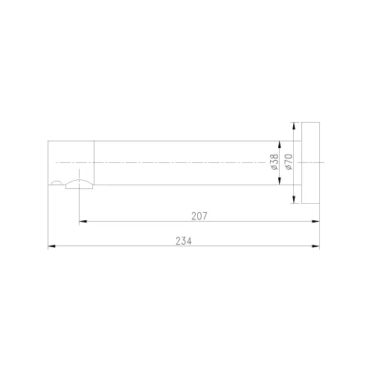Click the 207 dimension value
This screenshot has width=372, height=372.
pyautogui.click(x=199, y=216)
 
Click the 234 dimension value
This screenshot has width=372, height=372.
pyautogui.click(x=184, y=241)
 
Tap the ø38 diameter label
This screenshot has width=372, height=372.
pyautogui.click(x=275, y=162)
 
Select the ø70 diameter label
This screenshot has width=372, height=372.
pyautogui.click(x=289, y=162)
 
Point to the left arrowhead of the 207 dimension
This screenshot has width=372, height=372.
pyautogui.click(x=83, y=221)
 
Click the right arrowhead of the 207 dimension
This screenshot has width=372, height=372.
pyautogui.click(x=315, y=221)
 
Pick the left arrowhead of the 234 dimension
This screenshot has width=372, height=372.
pyautogui.click(x=51, y=246)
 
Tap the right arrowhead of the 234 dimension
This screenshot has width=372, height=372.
pyautogui.click(x=315, y=246)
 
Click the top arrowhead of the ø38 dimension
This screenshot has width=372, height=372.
pyautogui.click(x=280, y=145)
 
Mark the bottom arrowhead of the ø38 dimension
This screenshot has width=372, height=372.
pyautogui.click(x=280, y=181)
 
